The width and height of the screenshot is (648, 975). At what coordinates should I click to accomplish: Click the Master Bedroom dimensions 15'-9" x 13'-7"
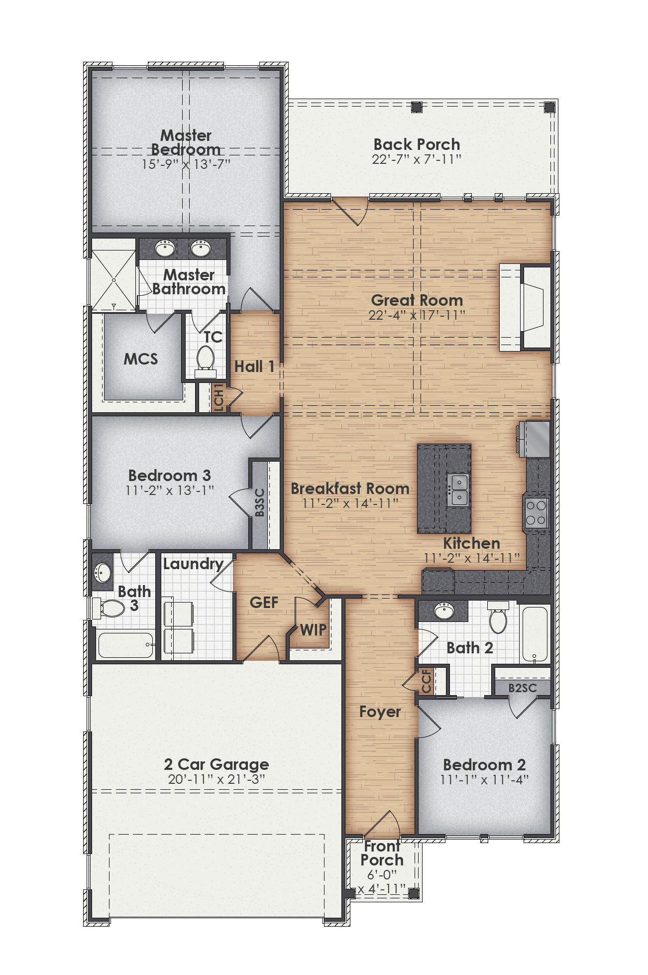click(x=186, y=164)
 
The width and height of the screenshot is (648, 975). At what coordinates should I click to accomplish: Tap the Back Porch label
click(x=417, y=144)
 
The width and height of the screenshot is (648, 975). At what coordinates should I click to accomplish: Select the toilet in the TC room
click(x=205, y=359)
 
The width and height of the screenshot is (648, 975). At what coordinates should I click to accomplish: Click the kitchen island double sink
click(x=458, y=490)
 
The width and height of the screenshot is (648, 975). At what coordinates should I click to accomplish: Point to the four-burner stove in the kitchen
click(x=537, y=513)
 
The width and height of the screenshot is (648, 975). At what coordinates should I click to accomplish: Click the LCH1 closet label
click(x=218, y=397)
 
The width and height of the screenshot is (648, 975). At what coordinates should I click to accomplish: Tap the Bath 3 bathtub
click(x=126, y=645)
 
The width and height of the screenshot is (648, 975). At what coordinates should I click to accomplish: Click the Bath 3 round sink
click(x=103, y=572)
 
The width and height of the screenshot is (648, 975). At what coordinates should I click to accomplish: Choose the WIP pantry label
click(x=313, y=630)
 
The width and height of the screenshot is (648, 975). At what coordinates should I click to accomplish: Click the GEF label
click(x=264, y=603)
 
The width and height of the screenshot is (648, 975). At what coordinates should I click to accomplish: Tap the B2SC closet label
click(x=523, y=688)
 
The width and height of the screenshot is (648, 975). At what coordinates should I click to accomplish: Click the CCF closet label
click(x=427, y=681)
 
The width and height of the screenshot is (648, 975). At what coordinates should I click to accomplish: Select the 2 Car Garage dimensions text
click(x=216, y=779)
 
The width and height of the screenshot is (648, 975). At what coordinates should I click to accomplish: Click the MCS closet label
click(x=141, y=359)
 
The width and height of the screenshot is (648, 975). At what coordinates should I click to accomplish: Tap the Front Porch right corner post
click(x=413, y=893)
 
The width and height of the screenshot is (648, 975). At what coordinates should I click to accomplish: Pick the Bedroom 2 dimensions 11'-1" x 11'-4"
click(x=484, y=780)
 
